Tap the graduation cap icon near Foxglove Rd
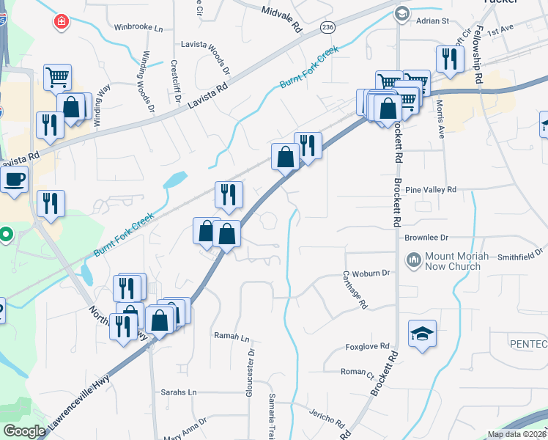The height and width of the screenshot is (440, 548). click(422, 334)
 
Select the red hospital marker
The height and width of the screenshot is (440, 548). click(60, 22)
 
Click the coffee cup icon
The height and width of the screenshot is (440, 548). click(13, 180)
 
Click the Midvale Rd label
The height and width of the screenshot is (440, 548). click(283, 17)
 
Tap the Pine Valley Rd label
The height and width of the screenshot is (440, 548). click(430, 189)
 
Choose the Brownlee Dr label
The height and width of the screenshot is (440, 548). click(426, 238)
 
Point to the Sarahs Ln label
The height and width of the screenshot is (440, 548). click(179, 392)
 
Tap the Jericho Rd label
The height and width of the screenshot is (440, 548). click(327, 418)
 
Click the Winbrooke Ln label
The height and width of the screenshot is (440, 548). click(138, 27)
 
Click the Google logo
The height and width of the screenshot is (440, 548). click(23, 431)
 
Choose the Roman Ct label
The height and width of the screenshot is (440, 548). click(358, 372)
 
